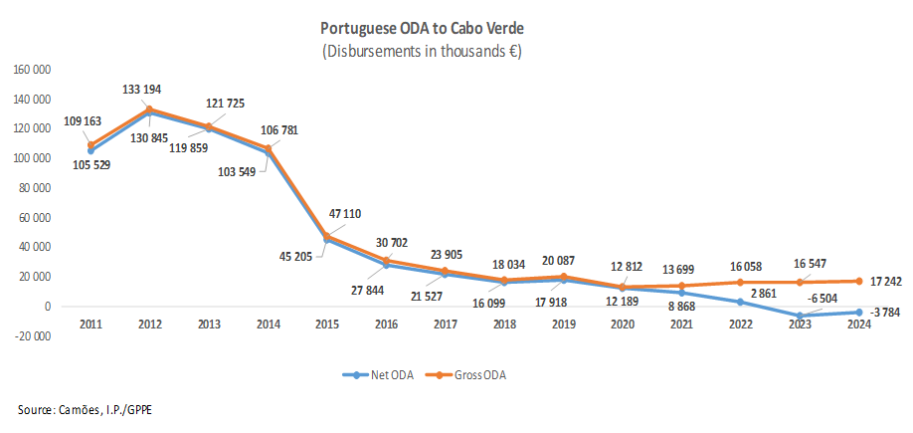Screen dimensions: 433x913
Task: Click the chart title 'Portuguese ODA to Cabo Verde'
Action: point(423,30)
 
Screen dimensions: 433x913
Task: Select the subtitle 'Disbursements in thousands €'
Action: point(423,51)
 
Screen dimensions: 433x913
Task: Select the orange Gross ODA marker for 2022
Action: point(741,283)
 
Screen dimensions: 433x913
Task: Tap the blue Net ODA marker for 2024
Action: point(859,313)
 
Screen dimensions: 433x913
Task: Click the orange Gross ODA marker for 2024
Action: point(859,281)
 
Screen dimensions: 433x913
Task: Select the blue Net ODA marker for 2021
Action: point(681,294)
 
